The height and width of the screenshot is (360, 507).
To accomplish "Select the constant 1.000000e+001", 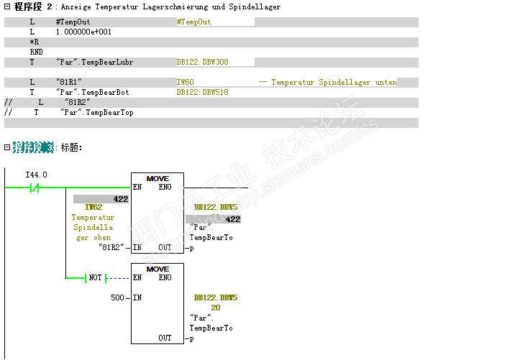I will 83,32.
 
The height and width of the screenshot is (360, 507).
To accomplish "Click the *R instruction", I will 34,42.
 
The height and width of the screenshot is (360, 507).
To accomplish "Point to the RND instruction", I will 35,52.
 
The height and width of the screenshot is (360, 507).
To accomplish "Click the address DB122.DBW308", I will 202,63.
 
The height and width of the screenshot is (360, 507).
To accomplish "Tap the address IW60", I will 185,83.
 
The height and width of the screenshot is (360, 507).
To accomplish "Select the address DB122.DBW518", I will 202,93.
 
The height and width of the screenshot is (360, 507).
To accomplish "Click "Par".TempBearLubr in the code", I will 94,63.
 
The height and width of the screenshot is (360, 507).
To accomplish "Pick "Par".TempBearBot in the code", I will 92,93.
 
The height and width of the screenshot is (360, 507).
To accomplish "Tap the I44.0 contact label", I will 36,175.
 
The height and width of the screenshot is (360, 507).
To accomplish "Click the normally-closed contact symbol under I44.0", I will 34,188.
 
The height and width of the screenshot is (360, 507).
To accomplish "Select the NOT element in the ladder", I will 96,278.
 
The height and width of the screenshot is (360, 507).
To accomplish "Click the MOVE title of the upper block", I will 157,178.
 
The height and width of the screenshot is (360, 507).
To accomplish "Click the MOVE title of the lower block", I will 157,269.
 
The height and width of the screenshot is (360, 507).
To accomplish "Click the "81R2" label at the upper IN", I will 113,247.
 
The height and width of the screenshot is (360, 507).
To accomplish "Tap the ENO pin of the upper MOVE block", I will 165,187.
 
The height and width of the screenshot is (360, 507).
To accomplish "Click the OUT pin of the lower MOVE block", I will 165,338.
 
